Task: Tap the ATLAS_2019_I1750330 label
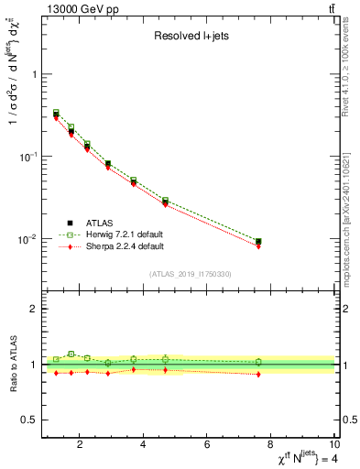tap(191, 273)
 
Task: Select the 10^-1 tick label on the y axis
tap(26, 157)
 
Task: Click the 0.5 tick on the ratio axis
tap(27, 420)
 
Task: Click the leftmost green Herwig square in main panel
tap(56, 112)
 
